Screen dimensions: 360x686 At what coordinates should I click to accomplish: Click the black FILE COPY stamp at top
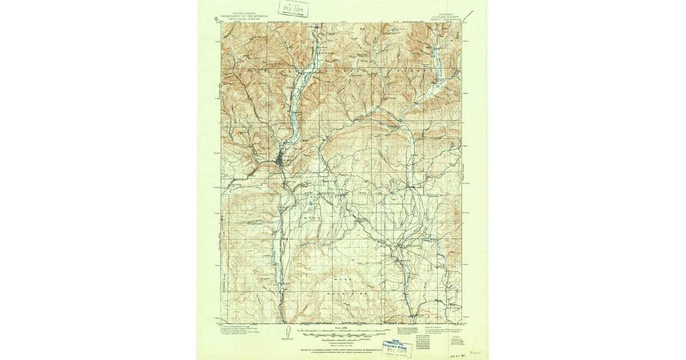[293, 9]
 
